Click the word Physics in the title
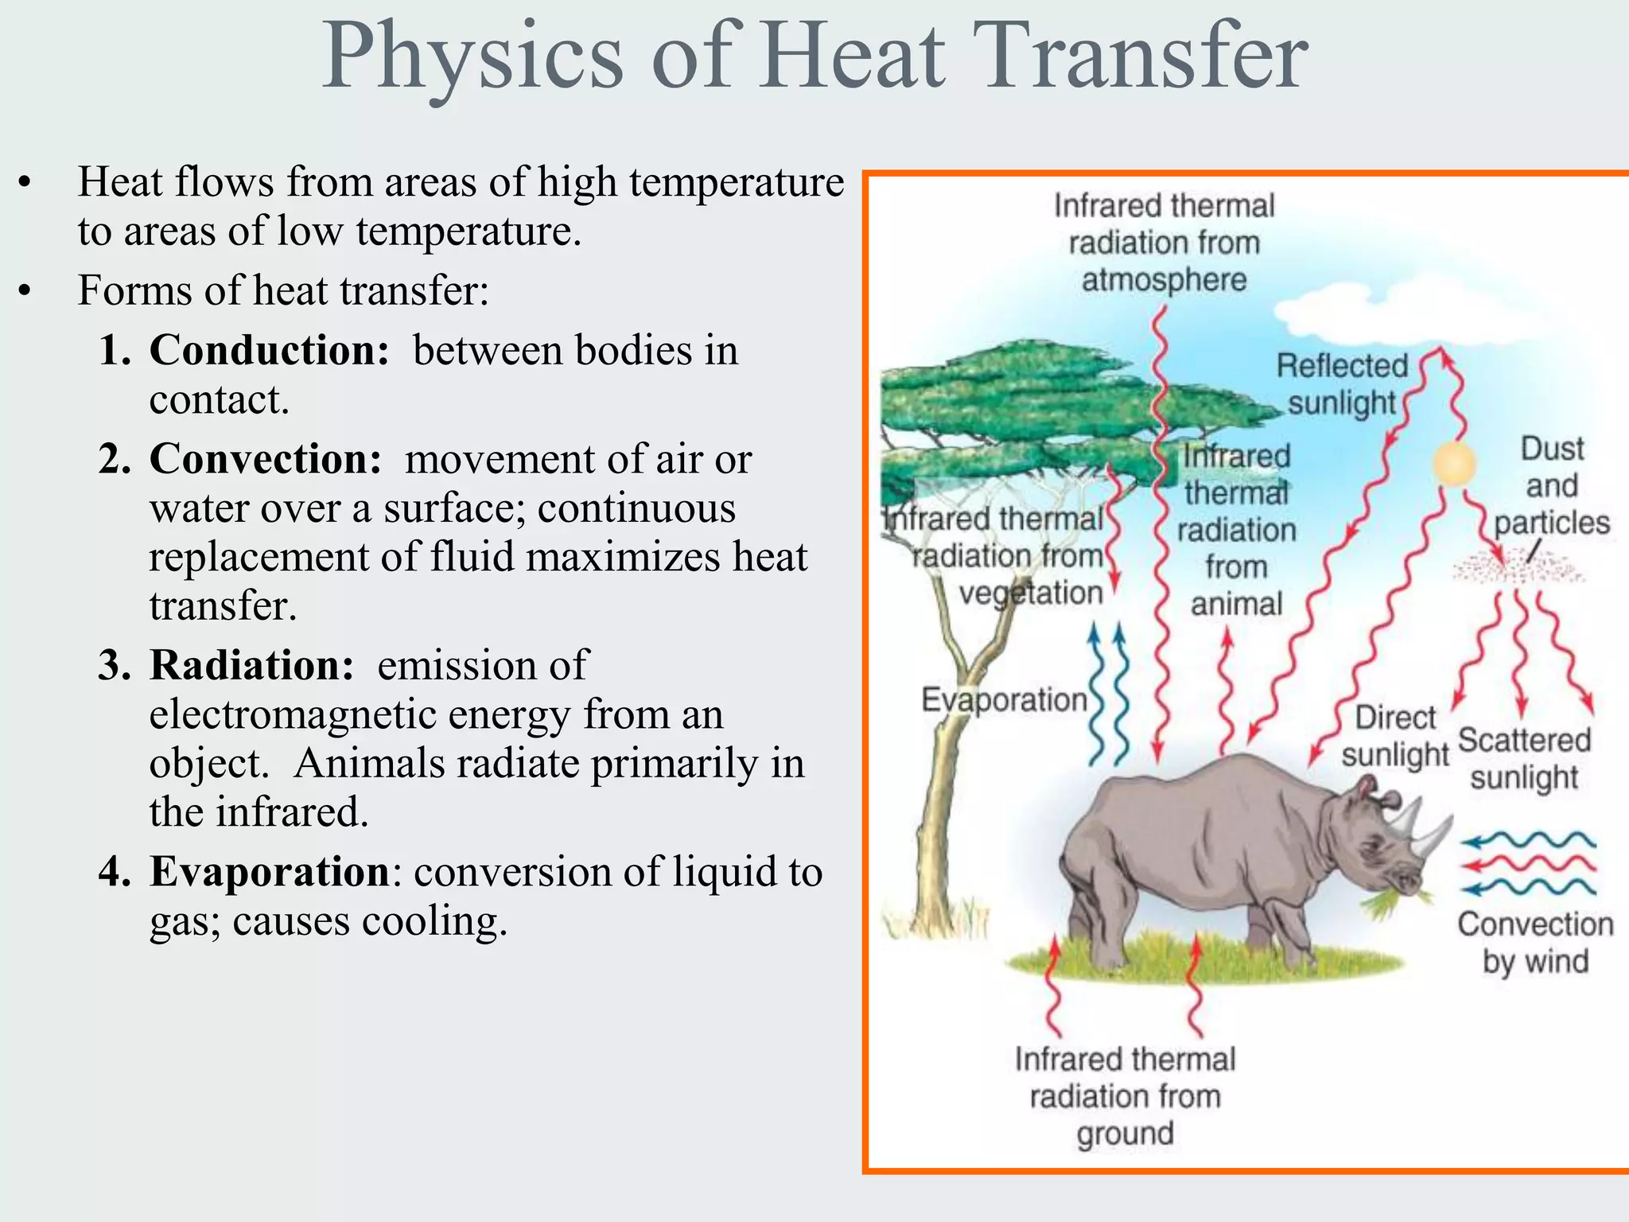[472, 57]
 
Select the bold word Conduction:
[270, 350]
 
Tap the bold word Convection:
[266, 459]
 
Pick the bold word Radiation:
[251, 665]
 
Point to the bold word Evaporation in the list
[270, 871]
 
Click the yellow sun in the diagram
[1455, 464]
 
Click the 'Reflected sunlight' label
[1342, 384]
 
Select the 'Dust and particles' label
[1552, 485]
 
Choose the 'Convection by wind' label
[1535, 943]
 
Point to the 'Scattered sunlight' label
[1524, 758]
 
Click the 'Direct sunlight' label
[1395, 736]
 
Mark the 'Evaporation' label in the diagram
[1004, 700]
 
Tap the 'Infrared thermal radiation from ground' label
[1125, 1096]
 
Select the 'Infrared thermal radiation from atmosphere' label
[1164, 243]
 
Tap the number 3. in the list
[115, 665]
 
